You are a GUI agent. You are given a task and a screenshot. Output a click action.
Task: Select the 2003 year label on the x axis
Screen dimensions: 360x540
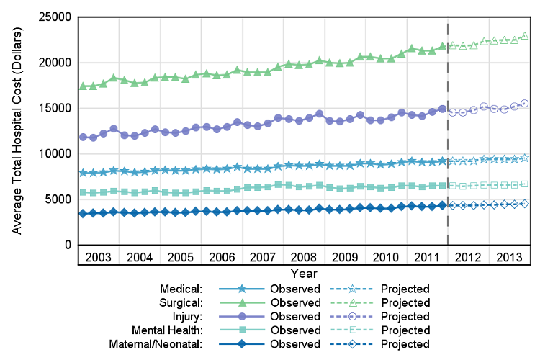pos(99,257)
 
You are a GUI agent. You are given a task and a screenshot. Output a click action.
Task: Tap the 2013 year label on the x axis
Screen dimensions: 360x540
pos(509,257)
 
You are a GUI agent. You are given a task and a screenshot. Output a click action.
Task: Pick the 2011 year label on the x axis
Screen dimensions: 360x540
pos(427,257)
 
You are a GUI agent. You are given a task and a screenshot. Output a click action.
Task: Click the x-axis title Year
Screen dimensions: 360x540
pos(304,274)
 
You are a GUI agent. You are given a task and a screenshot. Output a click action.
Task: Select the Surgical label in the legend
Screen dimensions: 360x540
pos(181,302)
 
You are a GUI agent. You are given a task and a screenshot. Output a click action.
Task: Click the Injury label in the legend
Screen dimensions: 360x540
pos(188,316)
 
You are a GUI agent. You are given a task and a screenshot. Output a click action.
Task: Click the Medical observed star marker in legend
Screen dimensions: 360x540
pos(240,288)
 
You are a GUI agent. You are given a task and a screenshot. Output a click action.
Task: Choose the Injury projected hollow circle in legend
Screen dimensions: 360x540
pos(351,316)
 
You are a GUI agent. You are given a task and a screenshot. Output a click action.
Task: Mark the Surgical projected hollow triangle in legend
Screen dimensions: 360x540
pos(351,302)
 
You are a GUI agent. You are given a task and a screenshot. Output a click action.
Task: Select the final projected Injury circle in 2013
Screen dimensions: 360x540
pos(525,104)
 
